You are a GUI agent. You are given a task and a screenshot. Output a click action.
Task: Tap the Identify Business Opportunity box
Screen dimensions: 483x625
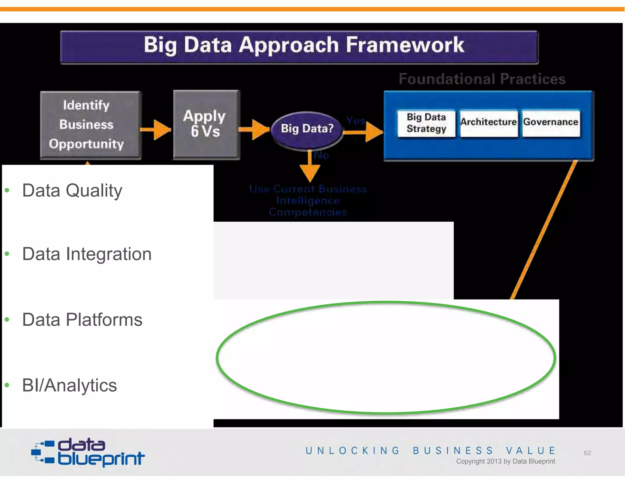[90, 125]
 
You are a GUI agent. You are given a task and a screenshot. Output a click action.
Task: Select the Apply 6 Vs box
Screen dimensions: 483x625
[206, 124]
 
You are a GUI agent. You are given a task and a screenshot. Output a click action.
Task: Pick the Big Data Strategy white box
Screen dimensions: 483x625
[426, 123]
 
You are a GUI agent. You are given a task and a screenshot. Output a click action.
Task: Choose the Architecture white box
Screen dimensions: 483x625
[489, 123]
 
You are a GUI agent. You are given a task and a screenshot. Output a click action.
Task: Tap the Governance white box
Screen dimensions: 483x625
[551, 123]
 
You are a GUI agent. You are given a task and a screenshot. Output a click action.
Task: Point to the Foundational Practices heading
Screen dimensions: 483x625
[482, 79]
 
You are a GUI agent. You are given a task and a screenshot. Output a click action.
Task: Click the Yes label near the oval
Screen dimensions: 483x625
[356, 121]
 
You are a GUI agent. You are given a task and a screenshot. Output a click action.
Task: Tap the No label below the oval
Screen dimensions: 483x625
[321, 155]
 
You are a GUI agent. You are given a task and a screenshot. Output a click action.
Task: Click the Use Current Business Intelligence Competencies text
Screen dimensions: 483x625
[308, 200]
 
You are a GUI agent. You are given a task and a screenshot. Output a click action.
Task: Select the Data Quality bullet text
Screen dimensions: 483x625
[72, 191]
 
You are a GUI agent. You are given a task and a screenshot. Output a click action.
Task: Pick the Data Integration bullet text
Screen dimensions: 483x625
[87, 254]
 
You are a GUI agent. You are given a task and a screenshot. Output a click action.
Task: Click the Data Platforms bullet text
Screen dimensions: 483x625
[82, 320]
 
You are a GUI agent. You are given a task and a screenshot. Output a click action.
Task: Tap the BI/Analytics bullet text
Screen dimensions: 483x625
[69, 385]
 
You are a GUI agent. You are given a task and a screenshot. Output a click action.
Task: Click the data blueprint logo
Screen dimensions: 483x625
[88, 452]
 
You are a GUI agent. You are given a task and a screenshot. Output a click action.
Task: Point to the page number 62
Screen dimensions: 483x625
[587, 453]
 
